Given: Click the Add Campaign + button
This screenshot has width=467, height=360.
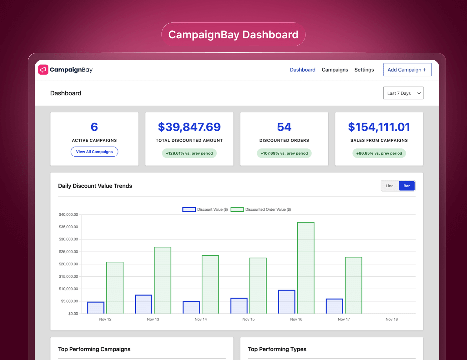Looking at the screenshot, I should click(x=407, y=70).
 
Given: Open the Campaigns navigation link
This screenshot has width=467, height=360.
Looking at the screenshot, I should click(x=335, y=70).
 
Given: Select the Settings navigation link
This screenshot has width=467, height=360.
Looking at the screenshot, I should click(x=364, y=70).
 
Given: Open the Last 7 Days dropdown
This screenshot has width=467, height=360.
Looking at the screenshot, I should click(x=403, y=93).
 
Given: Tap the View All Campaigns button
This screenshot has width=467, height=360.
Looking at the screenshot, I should click(x=94, y=152).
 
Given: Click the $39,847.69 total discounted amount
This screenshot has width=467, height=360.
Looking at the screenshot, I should click(x=189, y=127).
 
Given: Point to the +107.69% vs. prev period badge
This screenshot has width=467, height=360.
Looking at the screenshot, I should click(x=284, y=153).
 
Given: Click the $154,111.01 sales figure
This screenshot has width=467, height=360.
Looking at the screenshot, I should click(x=379, y=127).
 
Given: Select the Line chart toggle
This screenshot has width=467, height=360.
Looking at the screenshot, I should click(x=390, y=186).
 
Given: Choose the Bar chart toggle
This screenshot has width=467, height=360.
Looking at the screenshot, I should click(x=407, y=186).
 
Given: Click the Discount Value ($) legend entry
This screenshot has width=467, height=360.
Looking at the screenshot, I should click(x=205, y=209).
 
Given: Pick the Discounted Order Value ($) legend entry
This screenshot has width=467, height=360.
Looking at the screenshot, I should click(x=261, y=209).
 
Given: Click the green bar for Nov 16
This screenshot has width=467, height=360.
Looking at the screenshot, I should click(x=306, y=268).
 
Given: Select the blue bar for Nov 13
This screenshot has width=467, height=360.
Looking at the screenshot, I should click(x=143, y=304).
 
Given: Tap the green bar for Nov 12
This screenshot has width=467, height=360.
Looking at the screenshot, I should click(x=115, y=288).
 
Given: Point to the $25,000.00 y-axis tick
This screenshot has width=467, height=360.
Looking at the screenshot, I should click(x=68, y=252).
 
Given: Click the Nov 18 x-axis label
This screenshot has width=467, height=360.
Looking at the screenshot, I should click(x=392, y=319).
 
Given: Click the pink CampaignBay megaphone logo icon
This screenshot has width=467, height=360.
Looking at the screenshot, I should click(x=43, y=70).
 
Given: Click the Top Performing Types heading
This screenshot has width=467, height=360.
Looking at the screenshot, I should click(x=277, y=349).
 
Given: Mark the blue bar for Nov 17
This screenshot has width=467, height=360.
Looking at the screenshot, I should click(x=334, y=306).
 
